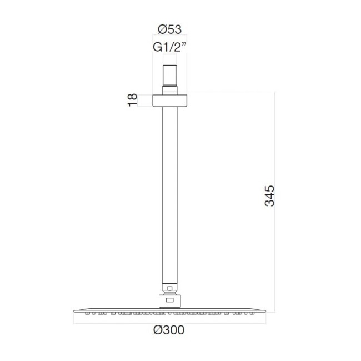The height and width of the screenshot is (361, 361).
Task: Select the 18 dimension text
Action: tap(132, 100)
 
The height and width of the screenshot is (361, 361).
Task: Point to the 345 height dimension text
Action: tap(270, 195)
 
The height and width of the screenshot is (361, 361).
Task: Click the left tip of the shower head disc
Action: tap(73, 310)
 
